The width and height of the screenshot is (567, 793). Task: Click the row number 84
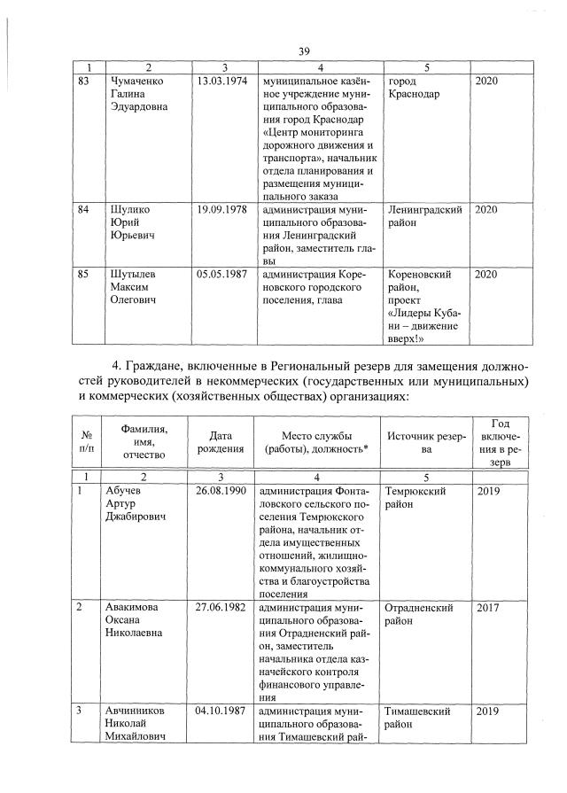pos(85,210)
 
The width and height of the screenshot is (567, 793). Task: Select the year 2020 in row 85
pos(487,275)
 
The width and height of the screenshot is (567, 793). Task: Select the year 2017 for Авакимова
pos(488,609)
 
